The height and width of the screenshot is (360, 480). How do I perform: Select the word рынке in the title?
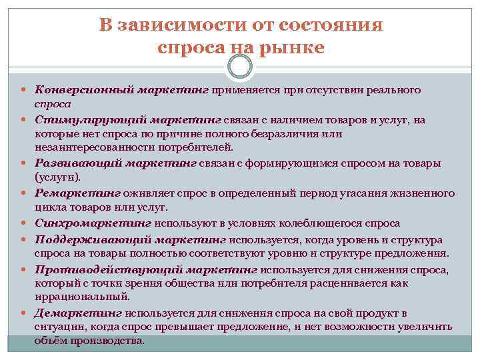289,47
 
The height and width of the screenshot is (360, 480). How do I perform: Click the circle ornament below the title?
240,66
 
